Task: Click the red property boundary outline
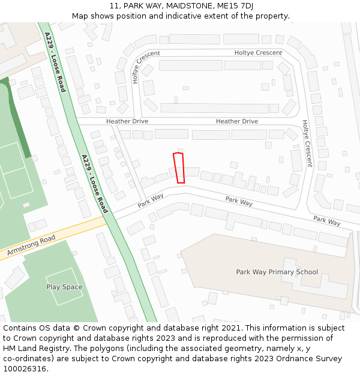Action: (178, 168)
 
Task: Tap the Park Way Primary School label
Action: (277, 272)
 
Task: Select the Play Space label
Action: (64, 287)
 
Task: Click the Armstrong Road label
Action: (31, 247)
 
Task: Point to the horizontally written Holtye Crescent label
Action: (258, 53)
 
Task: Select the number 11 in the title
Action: (114, 5)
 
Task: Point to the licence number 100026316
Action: (25, 369)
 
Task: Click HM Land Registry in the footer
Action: (35, 349)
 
